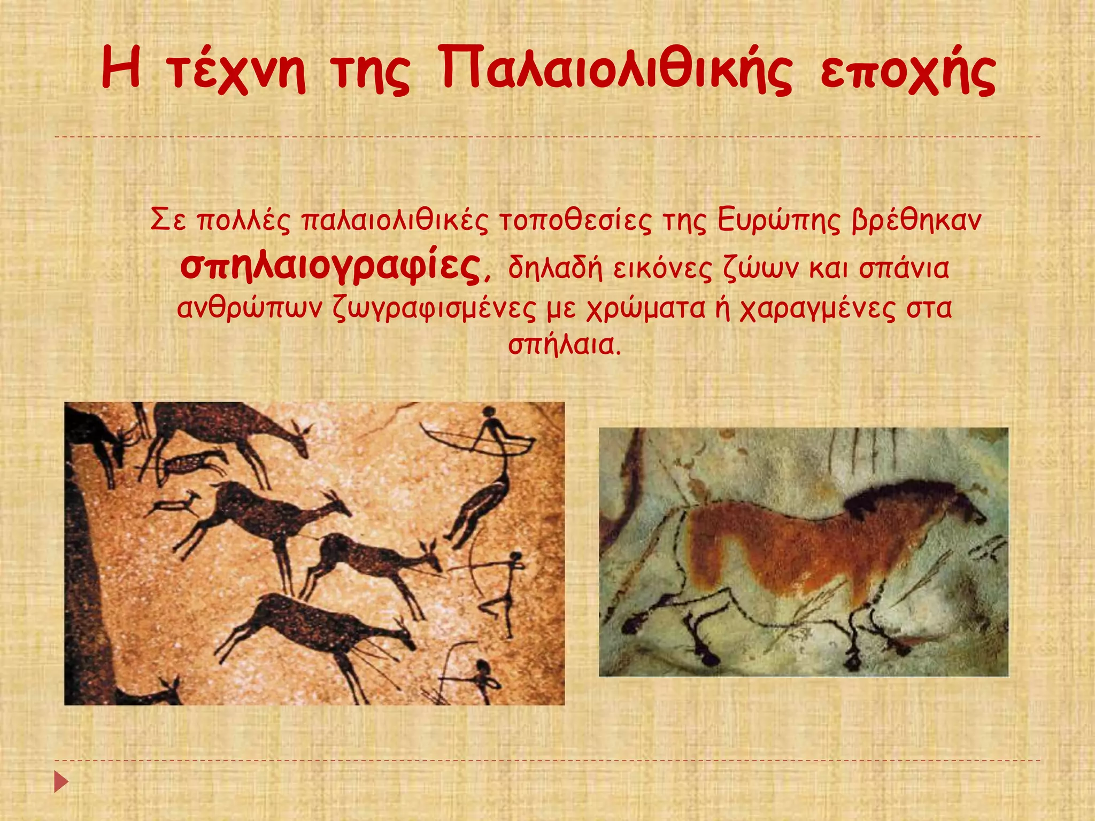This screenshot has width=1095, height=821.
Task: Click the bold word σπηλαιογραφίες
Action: [x=330, y=266]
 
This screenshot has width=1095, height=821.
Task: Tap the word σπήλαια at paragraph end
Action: [x=564, y=345]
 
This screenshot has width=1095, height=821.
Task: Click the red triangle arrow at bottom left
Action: [x=61, y=781]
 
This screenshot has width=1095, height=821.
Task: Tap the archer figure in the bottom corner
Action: [x=481, y=679]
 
